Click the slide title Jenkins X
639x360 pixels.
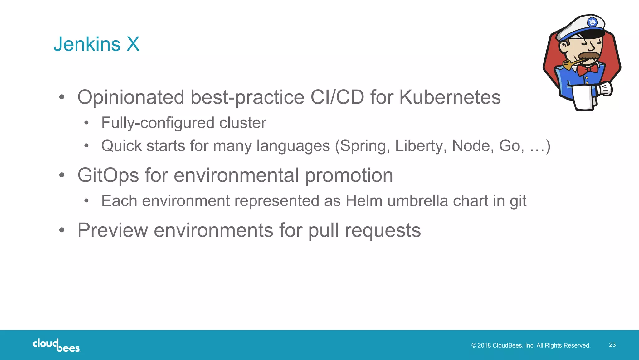96,44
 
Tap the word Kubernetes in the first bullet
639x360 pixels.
450,97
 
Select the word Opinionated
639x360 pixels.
131,97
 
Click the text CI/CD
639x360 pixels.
337,97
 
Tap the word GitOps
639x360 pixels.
108,175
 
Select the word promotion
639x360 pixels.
349,175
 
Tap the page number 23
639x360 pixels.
612,345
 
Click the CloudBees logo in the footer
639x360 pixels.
56,345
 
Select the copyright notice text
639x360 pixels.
531,346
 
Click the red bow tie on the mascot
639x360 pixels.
587,70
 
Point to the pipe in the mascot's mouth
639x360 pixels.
570,64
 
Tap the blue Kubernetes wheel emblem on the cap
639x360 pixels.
592,22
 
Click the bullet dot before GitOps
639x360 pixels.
62,175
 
